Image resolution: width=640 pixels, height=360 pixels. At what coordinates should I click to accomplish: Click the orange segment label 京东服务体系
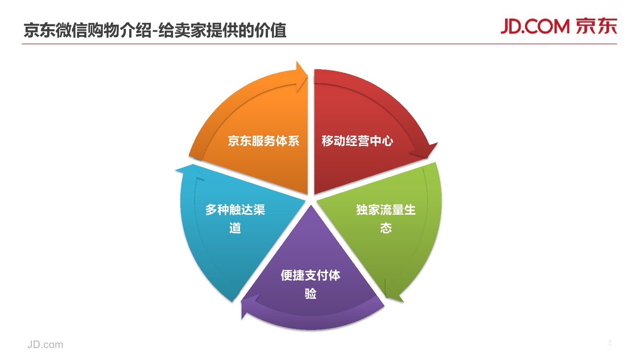(x=263, y=141)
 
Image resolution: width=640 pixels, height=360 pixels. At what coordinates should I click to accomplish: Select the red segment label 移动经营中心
(x=357, y=141)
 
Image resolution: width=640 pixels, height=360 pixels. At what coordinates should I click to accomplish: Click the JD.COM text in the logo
(x=535, y=26)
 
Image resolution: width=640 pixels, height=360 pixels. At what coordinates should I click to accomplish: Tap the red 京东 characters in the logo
(x=596, y=26)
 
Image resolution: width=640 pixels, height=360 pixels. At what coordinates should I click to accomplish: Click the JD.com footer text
(x=45, y=344)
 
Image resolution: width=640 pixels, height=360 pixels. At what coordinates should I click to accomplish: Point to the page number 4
(x=610, y=343)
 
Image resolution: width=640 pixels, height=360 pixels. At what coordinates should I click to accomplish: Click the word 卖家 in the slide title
(x=182, y=30)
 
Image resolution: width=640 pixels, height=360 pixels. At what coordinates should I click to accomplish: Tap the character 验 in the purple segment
(x=310, y=294)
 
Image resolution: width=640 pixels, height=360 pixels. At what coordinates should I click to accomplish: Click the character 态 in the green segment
(x=386, y=228)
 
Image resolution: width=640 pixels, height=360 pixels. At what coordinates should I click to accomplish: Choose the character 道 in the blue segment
(x=235, y=228)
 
